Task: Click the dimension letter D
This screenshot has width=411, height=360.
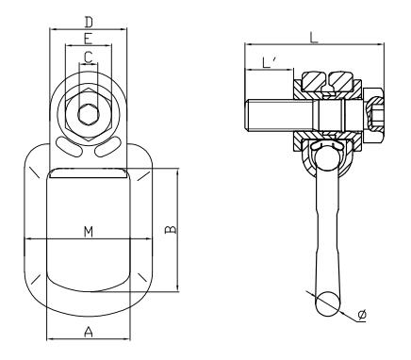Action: click(x=88, y=21)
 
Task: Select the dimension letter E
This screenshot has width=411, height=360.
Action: click(x=88, y=40)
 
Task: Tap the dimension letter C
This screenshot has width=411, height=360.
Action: click(x=88, y=58)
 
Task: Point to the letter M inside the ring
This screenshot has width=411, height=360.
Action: click(x=88, y=231)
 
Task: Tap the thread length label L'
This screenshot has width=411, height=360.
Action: click(x=270, y=64)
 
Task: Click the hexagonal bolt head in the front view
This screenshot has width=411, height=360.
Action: click(x=88, y=116)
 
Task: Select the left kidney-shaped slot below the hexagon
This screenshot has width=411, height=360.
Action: click(x=69, y=145)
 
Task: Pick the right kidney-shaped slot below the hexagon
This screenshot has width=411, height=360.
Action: click(x=107, y=145)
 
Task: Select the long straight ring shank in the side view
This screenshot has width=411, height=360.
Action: click(x=326, y=226)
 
